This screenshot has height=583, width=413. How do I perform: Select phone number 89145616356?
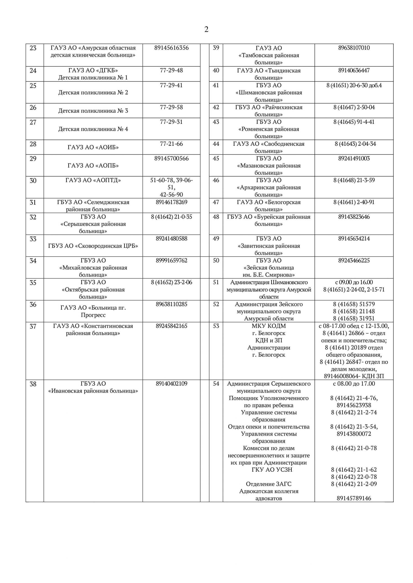tap(171, 48)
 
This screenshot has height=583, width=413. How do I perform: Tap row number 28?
tap(33, 144)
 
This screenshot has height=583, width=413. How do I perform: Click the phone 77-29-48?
tap(171, 70)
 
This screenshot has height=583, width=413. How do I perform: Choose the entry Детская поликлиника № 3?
tap(93, 111)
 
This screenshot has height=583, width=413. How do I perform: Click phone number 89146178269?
tap(171, 202)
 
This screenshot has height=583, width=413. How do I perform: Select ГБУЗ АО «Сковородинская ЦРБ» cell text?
tap(93, 246)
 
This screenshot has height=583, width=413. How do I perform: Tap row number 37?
tap(33, 326)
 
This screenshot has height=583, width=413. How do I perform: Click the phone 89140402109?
tap(171, 384)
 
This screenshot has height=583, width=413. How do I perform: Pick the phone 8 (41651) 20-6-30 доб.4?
tap(354, 85)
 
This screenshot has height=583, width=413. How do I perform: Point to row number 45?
tap(216, 159)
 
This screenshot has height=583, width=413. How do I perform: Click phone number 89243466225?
tap(354, 260)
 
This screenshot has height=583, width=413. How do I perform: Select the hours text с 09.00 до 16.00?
tap(354, 282)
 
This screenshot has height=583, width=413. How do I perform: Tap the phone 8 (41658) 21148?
tap(354, 311)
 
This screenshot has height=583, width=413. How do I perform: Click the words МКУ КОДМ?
tap(269, 326)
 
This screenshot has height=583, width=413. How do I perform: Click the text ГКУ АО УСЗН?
tap(272, 470)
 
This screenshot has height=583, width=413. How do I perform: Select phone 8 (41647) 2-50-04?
tap(354, 107)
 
